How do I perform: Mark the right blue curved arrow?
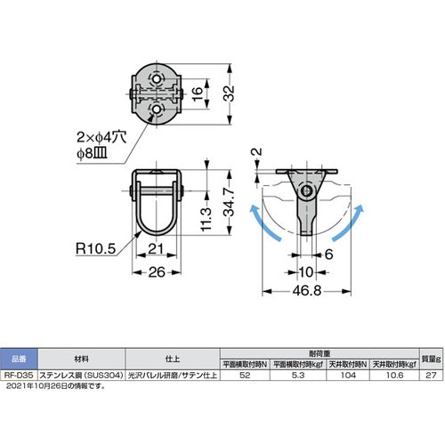pyautogui.click(x=354, y=223)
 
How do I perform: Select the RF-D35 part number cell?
pyautogui.click(x=17, y=376)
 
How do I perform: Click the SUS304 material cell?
pyautogui.click(x=80, y=376)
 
